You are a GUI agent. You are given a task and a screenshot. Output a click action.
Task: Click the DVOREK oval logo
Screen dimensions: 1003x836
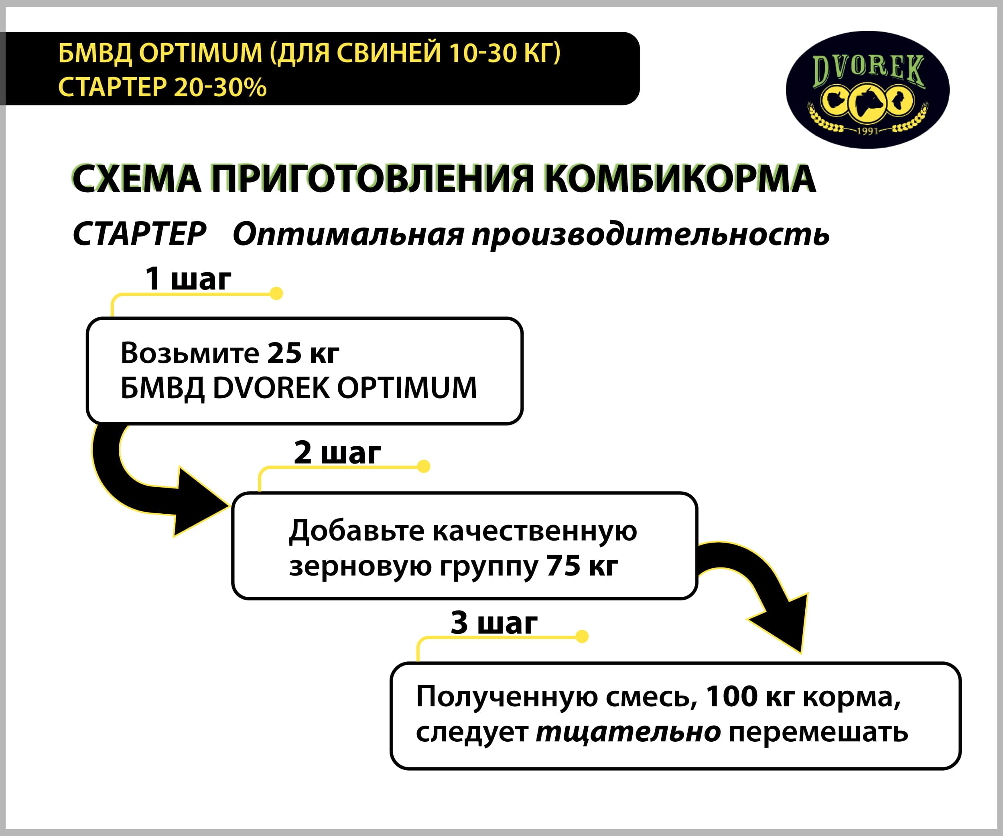867,90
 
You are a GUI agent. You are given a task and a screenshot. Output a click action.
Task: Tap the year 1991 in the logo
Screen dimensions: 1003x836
868,130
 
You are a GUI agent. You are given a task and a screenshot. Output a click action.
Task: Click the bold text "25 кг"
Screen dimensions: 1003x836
303,353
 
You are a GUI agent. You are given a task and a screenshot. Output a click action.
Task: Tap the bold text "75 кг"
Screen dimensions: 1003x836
582,565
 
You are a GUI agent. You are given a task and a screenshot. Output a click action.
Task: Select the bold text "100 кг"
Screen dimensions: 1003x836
750,696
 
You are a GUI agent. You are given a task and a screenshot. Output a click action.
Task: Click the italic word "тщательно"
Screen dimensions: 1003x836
628,732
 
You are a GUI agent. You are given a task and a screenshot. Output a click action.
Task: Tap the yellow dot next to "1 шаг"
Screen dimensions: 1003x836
276,293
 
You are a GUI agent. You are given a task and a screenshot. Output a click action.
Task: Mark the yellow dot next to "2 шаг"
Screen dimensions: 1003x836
424,466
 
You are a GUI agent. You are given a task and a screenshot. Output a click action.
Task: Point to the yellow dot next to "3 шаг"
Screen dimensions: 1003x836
582,636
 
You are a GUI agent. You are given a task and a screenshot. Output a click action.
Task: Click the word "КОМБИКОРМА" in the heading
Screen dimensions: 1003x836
680,179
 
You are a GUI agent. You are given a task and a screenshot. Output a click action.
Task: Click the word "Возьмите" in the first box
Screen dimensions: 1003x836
190,353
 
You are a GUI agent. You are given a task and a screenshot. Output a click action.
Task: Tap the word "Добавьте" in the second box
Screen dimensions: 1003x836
356,531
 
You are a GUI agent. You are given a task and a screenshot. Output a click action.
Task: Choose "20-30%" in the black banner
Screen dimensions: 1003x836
220,87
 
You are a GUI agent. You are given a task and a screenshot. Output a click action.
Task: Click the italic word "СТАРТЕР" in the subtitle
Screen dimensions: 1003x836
140,234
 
